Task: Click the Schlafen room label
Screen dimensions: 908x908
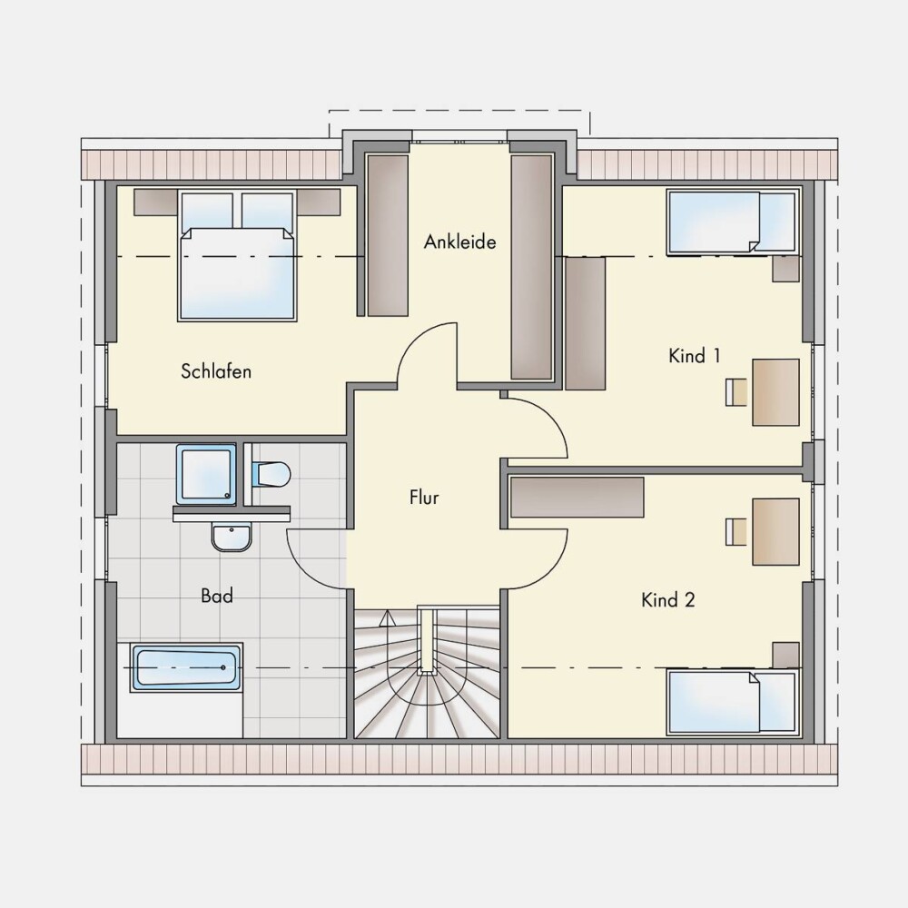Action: (216, 371)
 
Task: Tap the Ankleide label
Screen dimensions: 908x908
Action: (459, 242)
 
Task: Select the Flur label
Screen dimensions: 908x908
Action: (424, 497)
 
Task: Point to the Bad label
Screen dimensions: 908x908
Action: (217, 596)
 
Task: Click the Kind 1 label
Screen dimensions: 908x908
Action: (695, 356)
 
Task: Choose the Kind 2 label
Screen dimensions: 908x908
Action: (667, 600)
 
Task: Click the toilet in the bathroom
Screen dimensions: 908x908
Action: (271, 474)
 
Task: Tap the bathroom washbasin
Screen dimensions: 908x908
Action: (232, 537)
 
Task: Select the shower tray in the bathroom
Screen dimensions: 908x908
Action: (206, 474)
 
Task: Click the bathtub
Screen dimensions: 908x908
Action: (187, 667)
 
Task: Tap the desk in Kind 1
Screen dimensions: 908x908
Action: (776, 392)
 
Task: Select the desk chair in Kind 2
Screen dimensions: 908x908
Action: (736, 531)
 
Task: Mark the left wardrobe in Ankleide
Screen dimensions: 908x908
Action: (388, 235)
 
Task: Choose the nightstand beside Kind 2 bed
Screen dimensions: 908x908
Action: (786, 655)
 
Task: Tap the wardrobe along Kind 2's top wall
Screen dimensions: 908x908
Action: (577, 497)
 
